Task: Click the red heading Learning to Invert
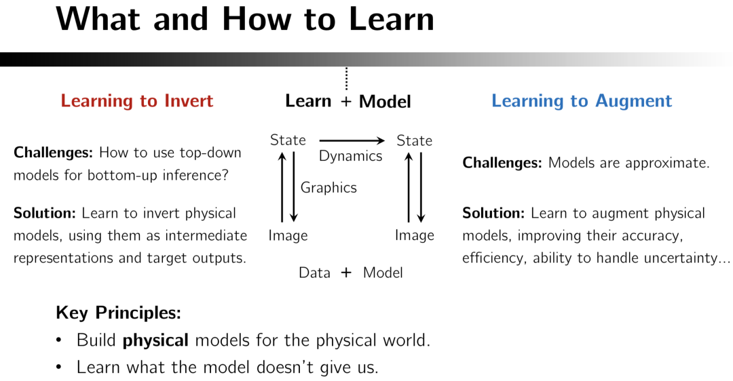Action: [136, 101]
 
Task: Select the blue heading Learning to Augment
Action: [582, 101]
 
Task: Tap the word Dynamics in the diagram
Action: [351, 157]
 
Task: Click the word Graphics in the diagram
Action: [328, 188]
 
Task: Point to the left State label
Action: [288, 140]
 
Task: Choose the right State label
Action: [414, 140]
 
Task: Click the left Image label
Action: [288, 236]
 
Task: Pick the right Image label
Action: [414, 236]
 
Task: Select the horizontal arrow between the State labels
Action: [352, 140]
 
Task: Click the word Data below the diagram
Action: [315, 273]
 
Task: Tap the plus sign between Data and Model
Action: [346, 273]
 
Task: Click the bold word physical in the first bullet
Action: [155, 341]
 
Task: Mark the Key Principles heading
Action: [118, 313]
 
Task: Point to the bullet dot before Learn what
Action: [59, 367]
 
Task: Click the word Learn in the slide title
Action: [392, 20]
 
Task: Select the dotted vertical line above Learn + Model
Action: [346, 79]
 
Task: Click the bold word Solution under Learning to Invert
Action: [44, 214]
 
